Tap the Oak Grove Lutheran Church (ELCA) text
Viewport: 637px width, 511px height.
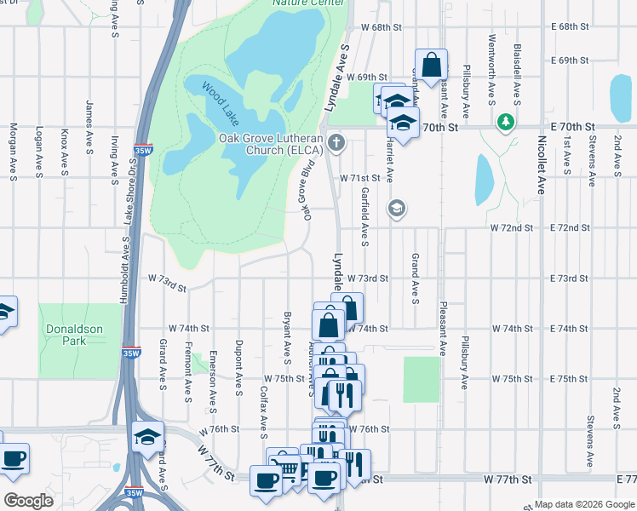click(x=271, y=144)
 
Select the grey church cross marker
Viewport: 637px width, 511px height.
click(x=337, y=141)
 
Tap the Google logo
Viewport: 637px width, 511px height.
click(x=28, y=500)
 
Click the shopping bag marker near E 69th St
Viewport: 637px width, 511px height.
click(x=432, y=65)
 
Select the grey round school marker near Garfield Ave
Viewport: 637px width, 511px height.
click(x=396, y=208)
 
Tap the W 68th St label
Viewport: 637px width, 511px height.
click(x=380, y=27)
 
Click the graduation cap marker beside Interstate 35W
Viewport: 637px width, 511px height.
click(x=148, y=437)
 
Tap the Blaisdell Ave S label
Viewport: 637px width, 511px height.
click(x=517, y=70)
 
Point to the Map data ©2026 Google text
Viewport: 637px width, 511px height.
click(x=584, y=504)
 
